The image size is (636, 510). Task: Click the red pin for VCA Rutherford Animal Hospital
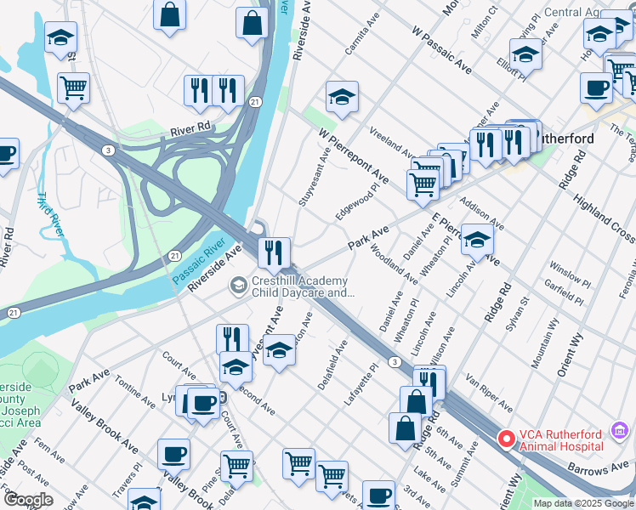click(x=506, y=439)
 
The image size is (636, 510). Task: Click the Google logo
click(x=29, y=500)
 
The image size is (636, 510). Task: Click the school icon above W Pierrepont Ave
click(x=342, y=97)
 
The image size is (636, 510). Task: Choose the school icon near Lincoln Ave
click(x=477, y=240)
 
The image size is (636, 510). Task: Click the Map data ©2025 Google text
click(x=583, y=503)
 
